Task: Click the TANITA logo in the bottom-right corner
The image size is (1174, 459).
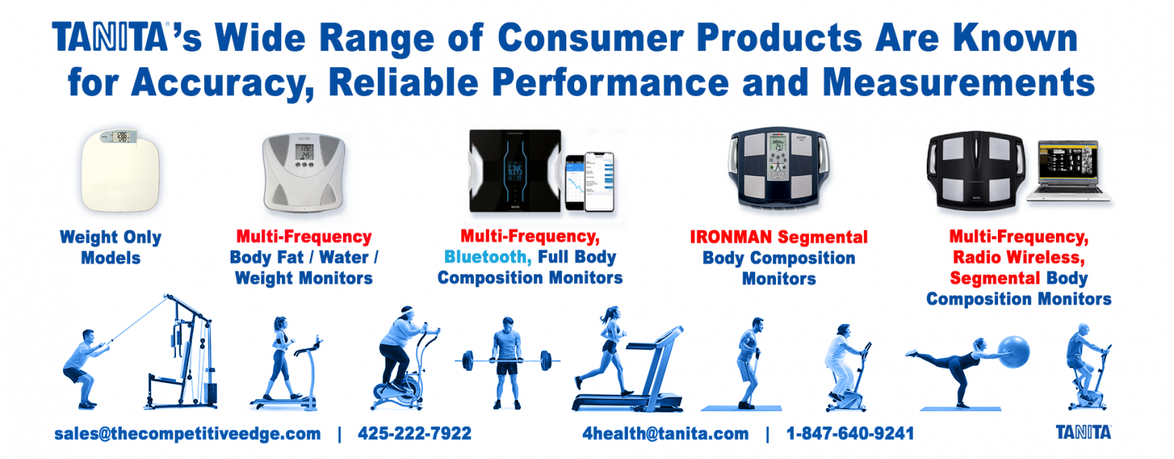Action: [1083, 433]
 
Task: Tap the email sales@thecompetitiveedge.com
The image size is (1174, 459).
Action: [188, 434]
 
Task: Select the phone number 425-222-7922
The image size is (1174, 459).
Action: [414, 433]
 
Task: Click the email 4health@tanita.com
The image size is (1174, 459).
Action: [666, 434]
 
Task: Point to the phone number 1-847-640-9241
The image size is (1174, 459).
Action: [850, 433]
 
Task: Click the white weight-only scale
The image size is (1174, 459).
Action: [120, 170]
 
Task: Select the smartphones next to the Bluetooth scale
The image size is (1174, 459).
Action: [590, 183]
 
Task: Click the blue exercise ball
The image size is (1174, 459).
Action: [1014, 352]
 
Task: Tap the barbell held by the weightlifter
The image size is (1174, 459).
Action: [507, 360]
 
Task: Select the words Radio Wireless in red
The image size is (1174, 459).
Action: [1019, 257]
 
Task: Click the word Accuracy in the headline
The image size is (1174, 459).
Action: [222, 84]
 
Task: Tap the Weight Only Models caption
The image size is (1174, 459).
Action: [110, 247]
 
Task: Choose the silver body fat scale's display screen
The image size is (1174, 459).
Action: [304, 152]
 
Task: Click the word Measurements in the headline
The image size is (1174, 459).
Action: [959, 82]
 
